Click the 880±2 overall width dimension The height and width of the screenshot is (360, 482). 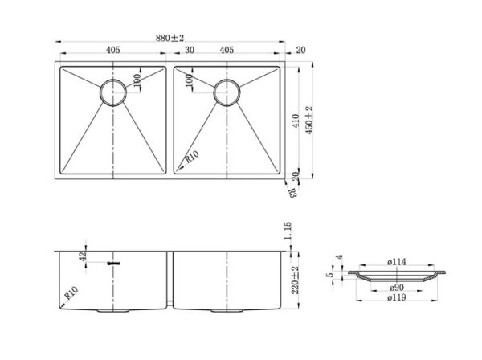[170, 38]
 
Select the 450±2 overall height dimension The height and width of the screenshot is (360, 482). [309, 120]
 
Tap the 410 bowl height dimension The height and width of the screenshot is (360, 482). [296, 121]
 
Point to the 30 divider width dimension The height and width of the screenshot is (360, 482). [190, 50]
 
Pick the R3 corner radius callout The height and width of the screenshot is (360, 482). [293, 193]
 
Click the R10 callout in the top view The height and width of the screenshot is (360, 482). [191, 157]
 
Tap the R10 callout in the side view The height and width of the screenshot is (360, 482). [71, 293]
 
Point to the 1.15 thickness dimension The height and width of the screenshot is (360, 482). [288, 231]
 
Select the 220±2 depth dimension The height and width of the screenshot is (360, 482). [295, 280]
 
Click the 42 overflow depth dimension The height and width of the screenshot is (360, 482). [83, 256]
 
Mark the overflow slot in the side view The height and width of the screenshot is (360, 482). [113, 263]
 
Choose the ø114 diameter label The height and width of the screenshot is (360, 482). [397, 262]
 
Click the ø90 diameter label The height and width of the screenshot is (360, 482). [397, 288]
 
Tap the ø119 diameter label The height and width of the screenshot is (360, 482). [397, 297]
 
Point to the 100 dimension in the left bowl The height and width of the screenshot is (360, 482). [137, 80]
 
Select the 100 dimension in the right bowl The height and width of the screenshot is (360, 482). [189, 80]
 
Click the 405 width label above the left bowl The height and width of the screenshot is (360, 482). [113, 50]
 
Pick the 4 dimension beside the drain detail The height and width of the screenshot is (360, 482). [339, 257]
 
